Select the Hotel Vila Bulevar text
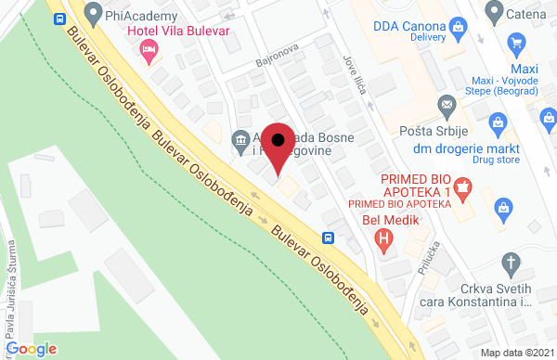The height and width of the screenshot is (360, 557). coord(177,31)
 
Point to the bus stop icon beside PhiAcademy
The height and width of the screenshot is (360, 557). coord(60,19)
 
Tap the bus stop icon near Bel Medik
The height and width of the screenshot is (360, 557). coord(329,237)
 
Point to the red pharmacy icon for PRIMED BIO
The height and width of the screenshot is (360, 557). coord(461,188)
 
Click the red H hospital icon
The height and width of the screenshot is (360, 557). coord(382,240)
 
